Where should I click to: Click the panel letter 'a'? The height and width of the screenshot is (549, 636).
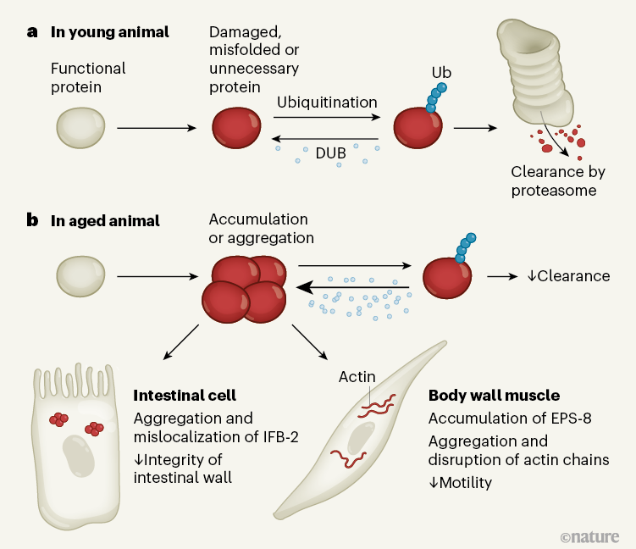click(32, 33)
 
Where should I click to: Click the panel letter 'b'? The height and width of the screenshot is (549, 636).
click(32, 221)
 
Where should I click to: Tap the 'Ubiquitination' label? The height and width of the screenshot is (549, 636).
click(327, 103)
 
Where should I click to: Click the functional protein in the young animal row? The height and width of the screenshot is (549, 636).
click(81, 127)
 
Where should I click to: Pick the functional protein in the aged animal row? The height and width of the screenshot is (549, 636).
click(81, 276)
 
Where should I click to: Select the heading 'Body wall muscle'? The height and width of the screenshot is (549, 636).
click(494, 396)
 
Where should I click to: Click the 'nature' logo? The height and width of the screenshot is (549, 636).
click(590, 535)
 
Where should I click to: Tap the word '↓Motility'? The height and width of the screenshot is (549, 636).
click(462, 483)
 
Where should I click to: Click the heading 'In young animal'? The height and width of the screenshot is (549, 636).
click(110, 33)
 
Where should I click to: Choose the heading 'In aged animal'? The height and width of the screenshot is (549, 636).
click(105, 221)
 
